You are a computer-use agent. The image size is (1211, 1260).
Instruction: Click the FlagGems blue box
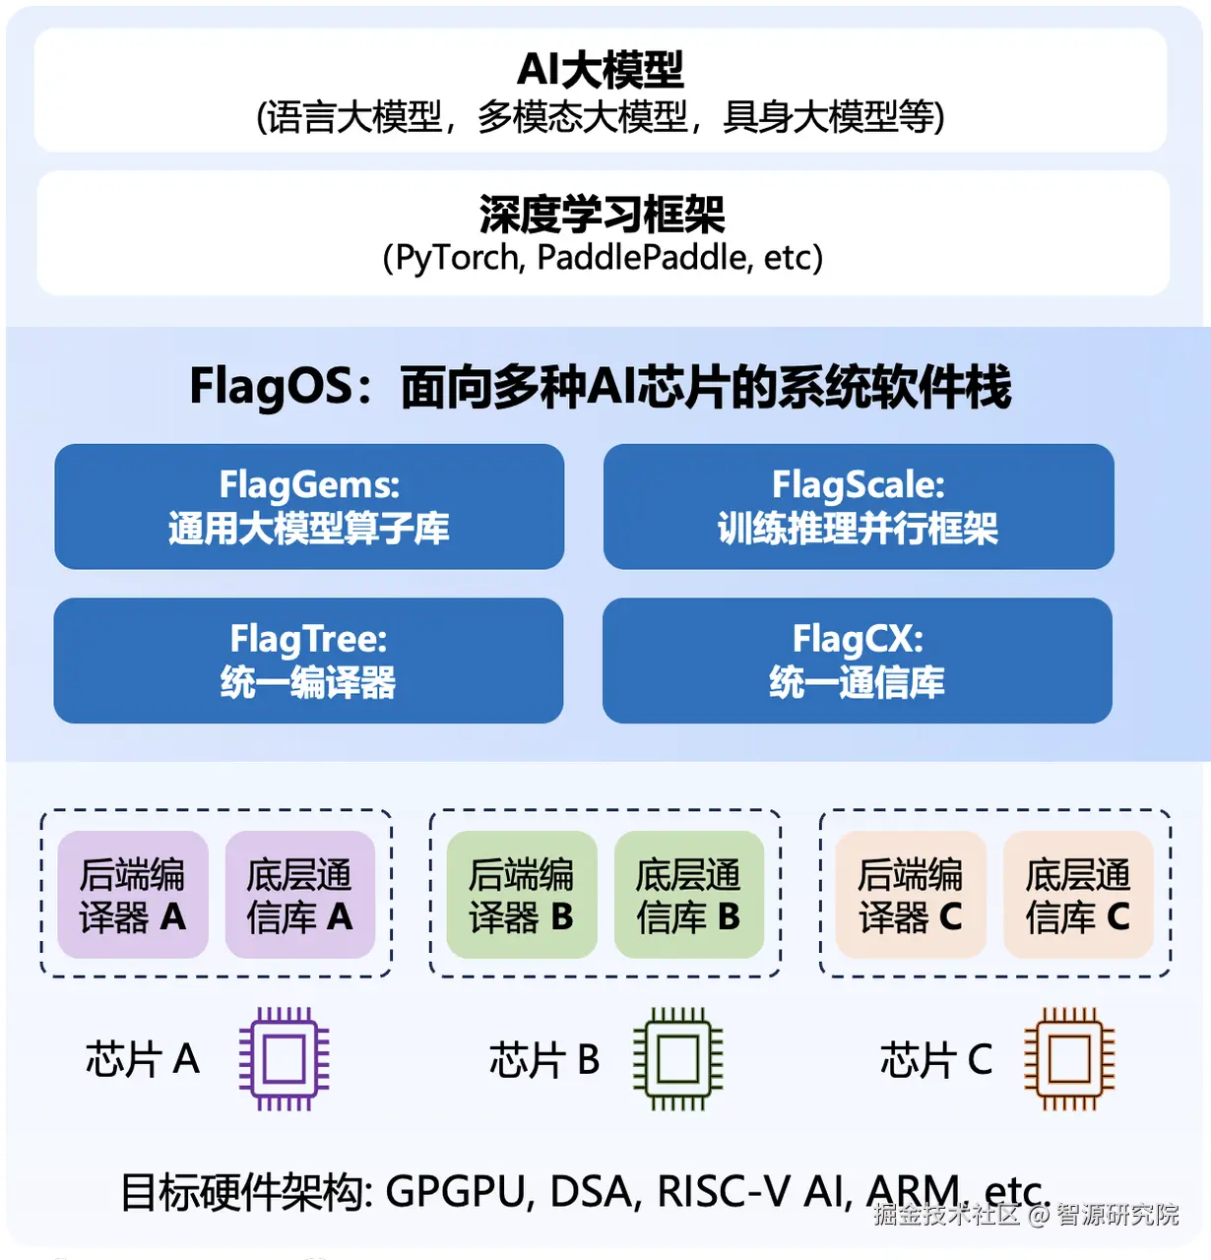[309, 506]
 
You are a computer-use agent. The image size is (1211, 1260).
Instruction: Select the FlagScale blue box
[859, 506]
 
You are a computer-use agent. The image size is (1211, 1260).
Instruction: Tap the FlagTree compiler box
[308, 661]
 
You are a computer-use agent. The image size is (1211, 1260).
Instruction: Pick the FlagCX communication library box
[858, 661]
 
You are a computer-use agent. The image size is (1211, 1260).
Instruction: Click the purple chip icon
[284, 1059]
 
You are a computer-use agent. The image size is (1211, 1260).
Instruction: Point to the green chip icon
[677, 1059]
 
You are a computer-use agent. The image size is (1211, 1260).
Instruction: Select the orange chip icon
[1069, 1059]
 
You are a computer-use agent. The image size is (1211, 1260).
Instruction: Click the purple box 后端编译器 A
[133, 895]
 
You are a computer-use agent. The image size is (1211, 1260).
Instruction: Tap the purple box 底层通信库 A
[300, 895]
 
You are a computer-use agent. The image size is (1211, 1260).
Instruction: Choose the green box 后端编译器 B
[522, 895]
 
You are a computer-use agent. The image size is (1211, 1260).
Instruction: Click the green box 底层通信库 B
[689, 895]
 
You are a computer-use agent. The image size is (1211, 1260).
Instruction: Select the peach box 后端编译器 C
[911, 895]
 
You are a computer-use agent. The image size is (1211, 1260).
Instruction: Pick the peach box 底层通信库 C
[1078, 895]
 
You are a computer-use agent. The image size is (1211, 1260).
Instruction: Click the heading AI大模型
[601, 69]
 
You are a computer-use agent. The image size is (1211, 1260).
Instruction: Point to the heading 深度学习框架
[602, 214]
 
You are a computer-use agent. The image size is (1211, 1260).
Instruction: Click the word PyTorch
[459, 258]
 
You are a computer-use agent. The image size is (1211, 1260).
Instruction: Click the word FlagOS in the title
[271, 386]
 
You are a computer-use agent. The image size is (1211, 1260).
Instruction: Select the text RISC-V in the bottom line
[724, 1192]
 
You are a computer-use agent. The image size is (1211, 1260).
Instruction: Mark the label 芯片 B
[544, 1060]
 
